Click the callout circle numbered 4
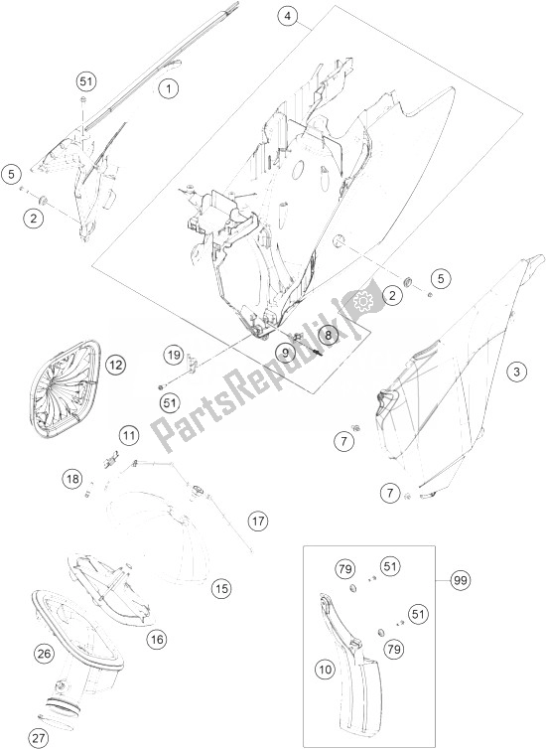[x=287, y=16]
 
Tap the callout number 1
[x=168, y=88]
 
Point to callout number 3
[x=517, y=372]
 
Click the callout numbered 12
[x=115, y=366]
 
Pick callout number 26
[x=44, y=654]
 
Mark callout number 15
[x=222, y=588]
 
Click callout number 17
[x=258, y=521]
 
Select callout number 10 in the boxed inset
[x=326, y=670]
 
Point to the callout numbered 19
[x=174, y=355]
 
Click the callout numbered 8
[x=328, y=335]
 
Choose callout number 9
[x=285, y=353]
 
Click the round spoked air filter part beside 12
[x=66, y=389]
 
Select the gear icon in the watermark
[x=362, y=300]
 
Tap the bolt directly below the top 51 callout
[x=83, y=100]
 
